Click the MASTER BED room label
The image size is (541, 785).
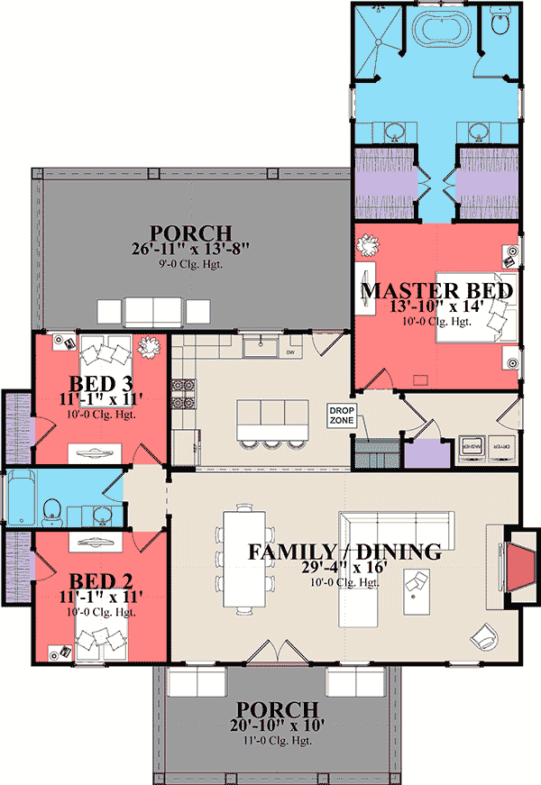pyautogui.click(x=437, y=291)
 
